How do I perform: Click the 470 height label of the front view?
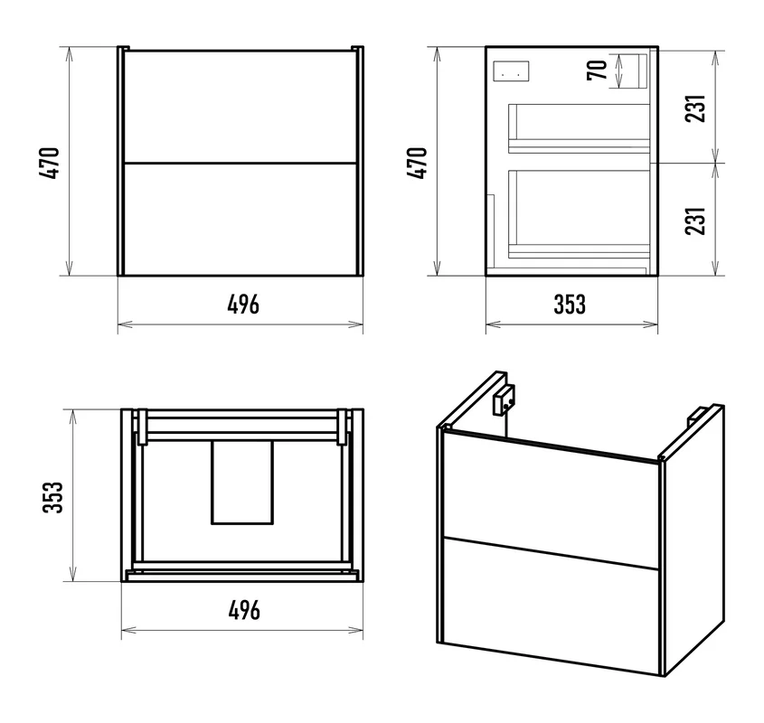pyautogui.click(x=51, y=164)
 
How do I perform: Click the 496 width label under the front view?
pyautogui.click(x=243, y=305)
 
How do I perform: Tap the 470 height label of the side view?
pyautogui.click(x=418, y=164)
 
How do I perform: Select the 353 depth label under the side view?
pyautogui.click(x=571, y=305)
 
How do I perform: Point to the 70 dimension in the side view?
pyautogui.click(x=598, y=70)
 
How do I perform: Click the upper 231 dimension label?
pyautogui.click(x=695, y=108)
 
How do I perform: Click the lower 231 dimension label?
pyautogui.click(x=695, y=221)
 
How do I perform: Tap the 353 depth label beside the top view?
pyautogui.click(x=53, y=497)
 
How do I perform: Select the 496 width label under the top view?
pyautogui.click(x=244, y=610)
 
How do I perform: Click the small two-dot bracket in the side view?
pyautogui.click(x=511, y=70)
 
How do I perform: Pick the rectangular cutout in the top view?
pyautogui.click(x=242, y=483)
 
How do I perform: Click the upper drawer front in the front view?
pyautogui.click(x=241, y=106)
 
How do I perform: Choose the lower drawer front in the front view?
pyautogui.click(x=241, y=220)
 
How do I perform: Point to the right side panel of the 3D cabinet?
pyautogui.click(x=693, y=539)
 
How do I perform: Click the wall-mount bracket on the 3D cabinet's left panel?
pyautogui.click(x=504, y=399)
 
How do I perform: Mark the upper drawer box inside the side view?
pyautogui.click(x=580, y=128)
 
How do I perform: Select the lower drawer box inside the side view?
pyautogui.click(x=580, y=214)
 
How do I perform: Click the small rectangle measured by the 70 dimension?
pyautogui.click(x=637, y=71)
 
